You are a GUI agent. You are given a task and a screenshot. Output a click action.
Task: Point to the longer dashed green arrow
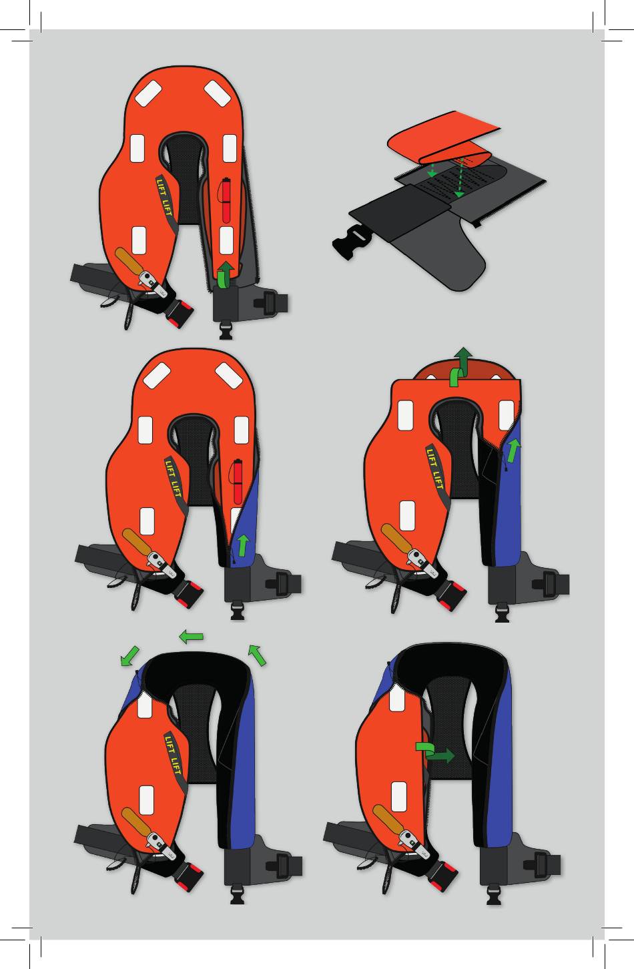click(460, 178)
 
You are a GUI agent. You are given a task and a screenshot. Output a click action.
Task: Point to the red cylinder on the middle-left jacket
click(237, 481)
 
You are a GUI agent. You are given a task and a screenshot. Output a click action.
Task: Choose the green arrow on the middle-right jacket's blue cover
click(513, 450)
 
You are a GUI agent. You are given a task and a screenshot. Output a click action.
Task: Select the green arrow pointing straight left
click(191, 637)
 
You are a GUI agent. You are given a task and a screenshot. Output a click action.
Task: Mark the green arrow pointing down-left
click(129, 656)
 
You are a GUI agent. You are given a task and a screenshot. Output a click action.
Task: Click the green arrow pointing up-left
click(257, 655)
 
